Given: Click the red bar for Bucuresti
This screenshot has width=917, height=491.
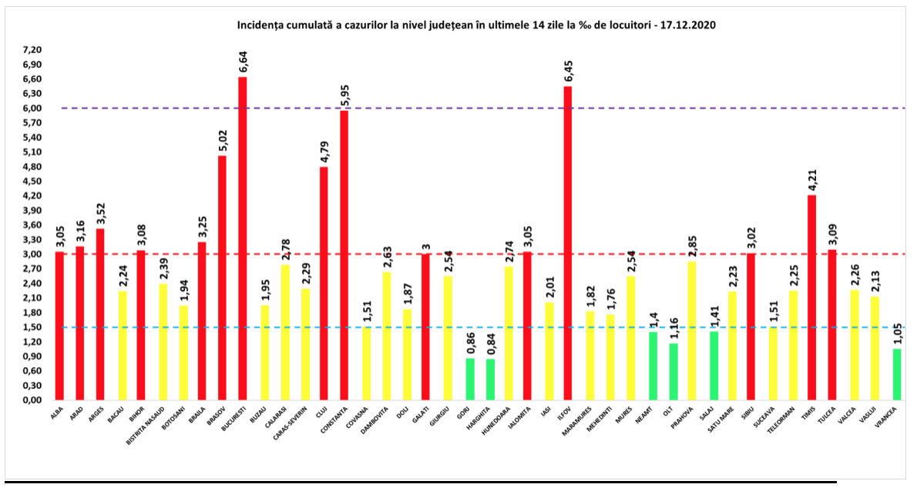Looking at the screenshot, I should point(243,239).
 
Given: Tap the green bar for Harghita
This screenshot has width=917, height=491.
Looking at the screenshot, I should point(491,379).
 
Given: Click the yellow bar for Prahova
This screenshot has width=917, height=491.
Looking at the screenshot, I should point(691,331).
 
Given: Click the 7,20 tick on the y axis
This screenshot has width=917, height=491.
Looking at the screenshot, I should point(32,50).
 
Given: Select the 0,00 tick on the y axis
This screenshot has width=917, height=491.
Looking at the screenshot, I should point(32,400).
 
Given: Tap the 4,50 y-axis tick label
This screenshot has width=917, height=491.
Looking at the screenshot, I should point(32,182).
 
